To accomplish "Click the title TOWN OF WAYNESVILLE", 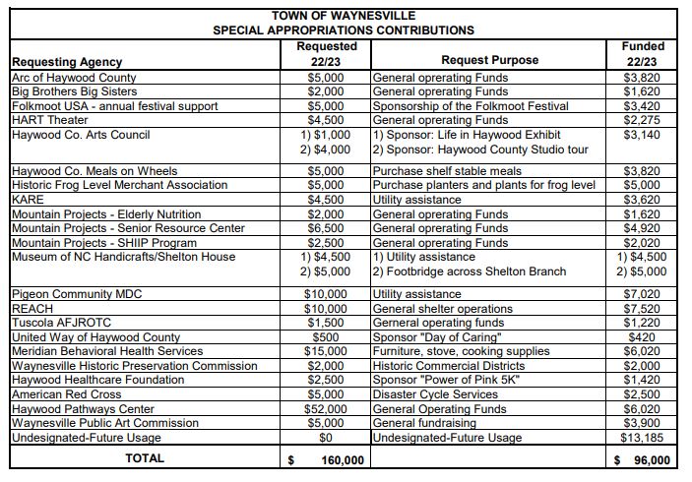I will (x=344, y=16).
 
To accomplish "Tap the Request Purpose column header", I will (x=489, y=61).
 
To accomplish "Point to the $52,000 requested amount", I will (x=327, y=409).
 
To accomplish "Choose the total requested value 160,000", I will (x=342, y=459).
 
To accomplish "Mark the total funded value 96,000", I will (x=649, y=459).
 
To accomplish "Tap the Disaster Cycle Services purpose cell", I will (x=435, y=394).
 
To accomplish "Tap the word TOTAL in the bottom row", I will (x=144, y=459).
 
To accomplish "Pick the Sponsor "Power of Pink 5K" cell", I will (x=446, y=381).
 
